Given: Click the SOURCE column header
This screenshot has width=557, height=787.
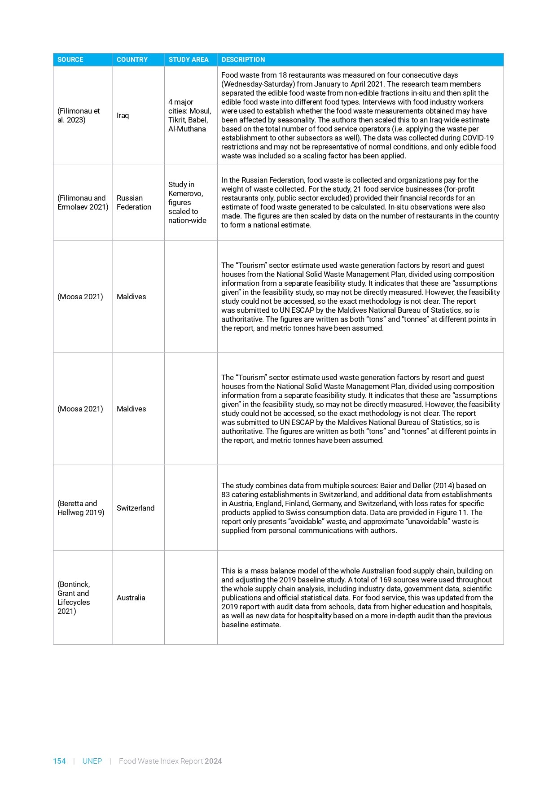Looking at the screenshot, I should point(70,60).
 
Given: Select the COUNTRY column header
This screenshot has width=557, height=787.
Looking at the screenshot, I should point(132,60).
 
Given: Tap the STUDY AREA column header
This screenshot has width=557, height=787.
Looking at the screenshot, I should point(189,60).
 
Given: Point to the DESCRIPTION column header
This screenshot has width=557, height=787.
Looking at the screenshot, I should point(243,60).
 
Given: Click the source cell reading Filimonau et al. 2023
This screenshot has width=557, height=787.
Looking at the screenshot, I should point(79,115).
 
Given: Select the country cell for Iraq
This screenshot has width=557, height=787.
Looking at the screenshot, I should point(123,115).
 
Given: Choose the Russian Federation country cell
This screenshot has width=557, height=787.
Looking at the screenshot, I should point(134,202).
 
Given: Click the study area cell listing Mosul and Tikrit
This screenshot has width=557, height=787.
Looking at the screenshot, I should point(189,115).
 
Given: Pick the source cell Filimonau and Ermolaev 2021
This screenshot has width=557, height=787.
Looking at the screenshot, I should point(83,202).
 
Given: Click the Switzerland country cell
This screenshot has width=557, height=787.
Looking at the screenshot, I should point(135,508).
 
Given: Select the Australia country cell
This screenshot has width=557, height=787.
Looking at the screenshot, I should point(131,598).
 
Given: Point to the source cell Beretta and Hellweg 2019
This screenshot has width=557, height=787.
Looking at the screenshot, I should point(81,508).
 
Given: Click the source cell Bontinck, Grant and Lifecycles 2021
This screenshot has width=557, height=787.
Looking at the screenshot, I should point(74,598).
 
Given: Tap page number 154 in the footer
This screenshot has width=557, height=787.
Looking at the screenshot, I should point(59,761).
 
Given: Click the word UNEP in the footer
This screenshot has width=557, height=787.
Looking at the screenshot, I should point(92,761).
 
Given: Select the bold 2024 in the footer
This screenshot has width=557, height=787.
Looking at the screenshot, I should point(214,761).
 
